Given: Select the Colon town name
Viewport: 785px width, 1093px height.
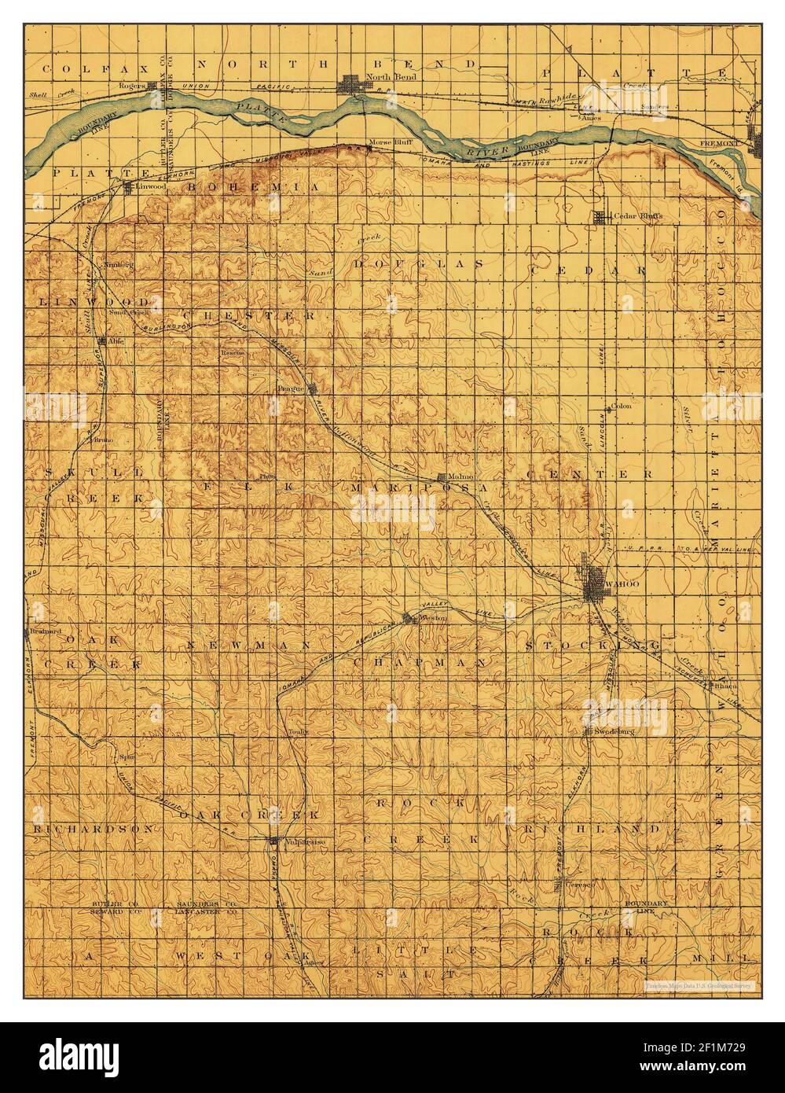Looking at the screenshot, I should [x=621, y=406].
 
